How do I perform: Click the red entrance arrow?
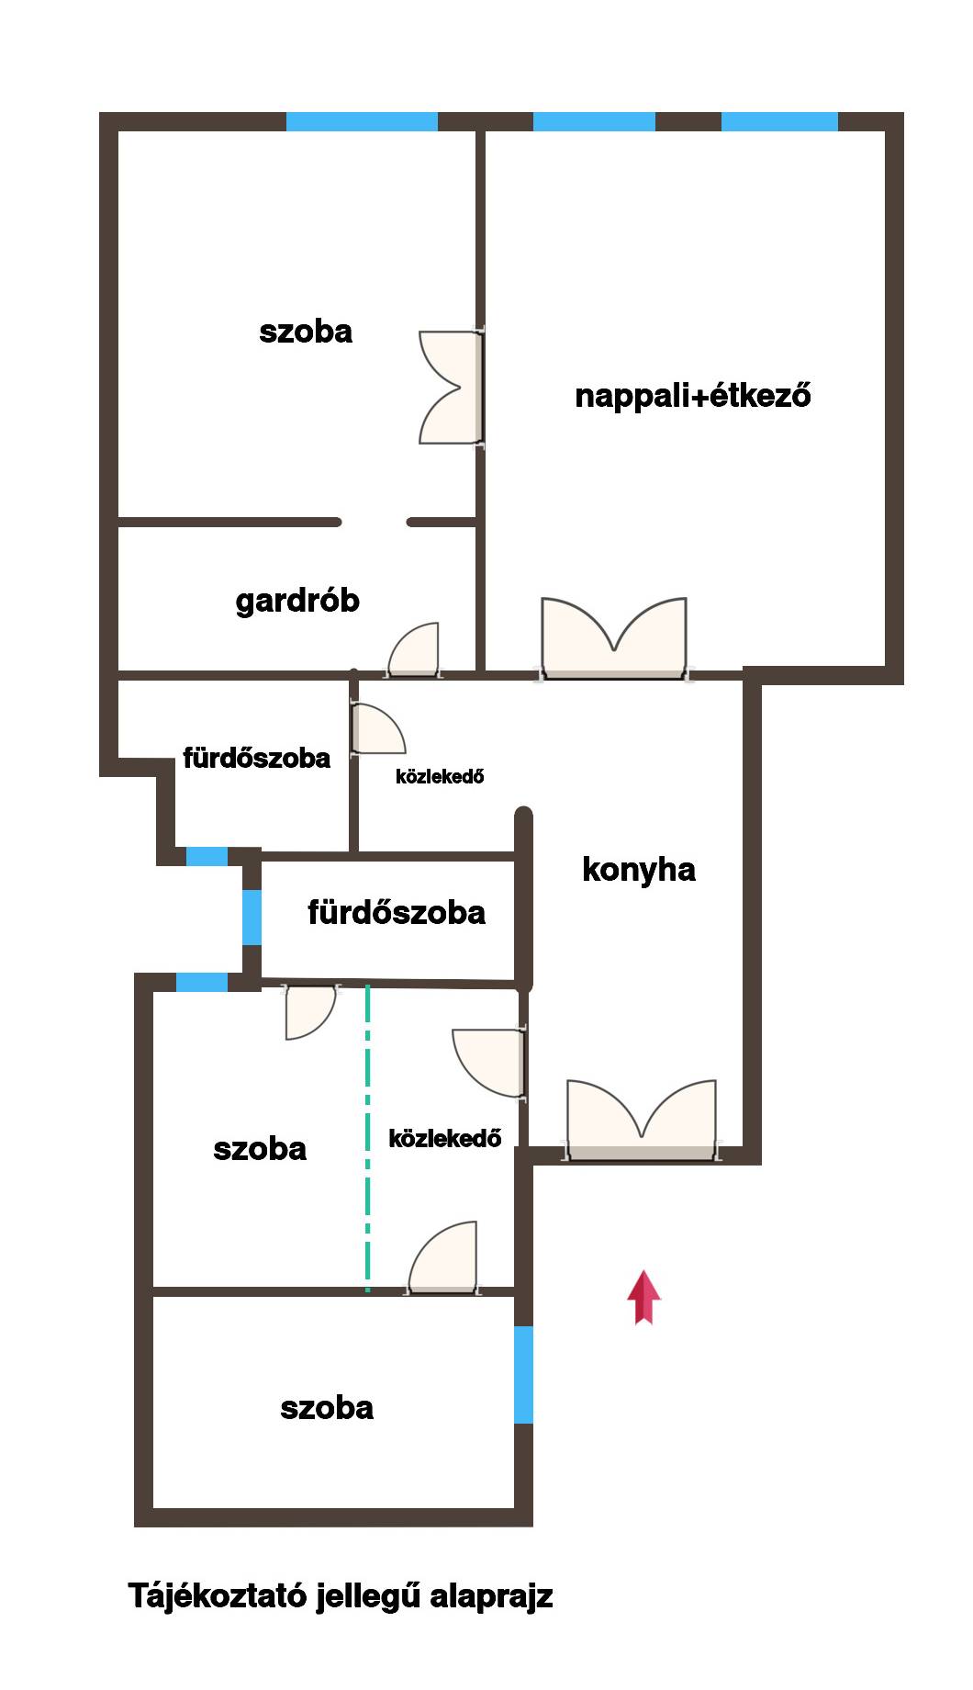(x=643, y=1298)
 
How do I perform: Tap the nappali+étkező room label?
(x=693, y=396)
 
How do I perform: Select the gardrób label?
(x=297, y=601)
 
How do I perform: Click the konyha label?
(x=639, y=869)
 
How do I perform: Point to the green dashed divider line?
(x=368, y=1138)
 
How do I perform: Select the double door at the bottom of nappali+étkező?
(x=614, y=639)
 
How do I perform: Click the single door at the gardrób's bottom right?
(x=414, y=650)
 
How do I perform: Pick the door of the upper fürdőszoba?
(x=376, y=728)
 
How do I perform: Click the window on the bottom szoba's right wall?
(x=523, y=1374)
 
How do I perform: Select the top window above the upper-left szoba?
(x=362, y=121)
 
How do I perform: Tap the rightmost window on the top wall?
(x=779, y=121)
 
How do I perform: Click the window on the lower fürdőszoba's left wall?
(x=252, y=917)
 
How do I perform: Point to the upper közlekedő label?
(x=440, y=776)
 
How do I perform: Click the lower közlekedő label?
(x=445, y=1139)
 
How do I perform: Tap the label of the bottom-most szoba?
(x=327, y=1408)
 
